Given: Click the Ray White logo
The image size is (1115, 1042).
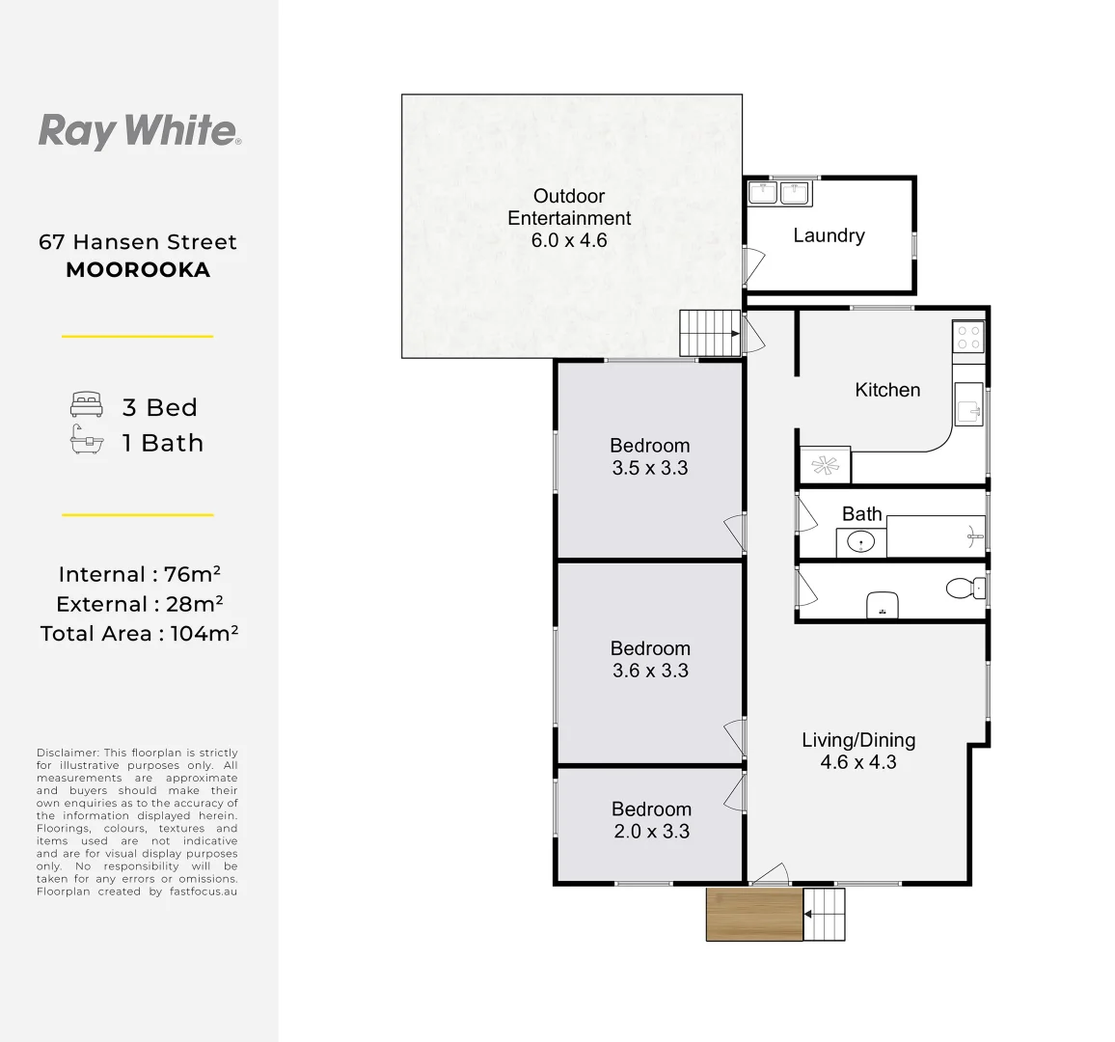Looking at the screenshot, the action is click(139, 131).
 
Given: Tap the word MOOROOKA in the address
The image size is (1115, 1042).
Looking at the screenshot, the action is click(138, 270).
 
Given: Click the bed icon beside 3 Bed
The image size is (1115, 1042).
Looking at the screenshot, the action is click(87, 404).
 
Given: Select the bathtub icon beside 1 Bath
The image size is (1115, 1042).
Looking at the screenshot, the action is click(87, 440).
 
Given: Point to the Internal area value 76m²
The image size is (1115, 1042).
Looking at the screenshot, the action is click(192, 574).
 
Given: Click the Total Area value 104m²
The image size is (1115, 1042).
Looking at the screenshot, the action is click(204, 633).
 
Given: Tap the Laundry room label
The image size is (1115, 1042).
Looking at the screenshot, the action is click(829, 235).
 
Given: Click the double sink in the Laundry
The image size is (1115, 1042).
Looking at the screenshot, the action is click(778, 193).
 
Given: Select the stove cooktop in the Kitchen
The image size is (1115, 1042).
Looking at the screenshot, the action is click(968, 338).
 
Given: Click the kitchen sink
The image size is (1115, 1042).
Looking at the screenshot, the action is click(968, 404).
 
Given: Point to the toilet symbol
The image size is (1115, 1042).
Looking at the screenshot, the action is click(965, 589).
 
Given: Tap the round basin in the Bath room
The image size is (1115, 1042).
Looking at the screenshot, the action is click(860, 542).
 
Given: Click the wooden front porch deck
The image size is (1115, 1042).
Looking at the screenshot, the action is click(754, 914).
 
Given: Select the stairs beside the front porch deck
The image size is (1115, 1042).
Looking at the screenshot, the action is click(824, 914).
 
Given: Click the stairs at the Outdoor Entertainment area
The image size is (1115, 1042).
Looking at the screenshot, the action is click(710, 333).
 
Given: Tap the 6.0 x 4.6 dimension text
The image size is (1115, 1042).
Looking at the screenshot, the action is click(569, 240).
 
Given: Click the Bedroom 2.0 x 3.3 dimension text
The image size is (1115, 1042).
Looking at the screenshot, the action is click(652, 832).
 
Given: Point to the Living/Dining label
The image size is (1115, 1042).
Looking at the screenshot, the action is click(858, 740).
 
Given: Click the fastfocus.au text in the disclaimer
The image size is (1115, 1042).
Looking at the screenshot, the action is click(204, 891).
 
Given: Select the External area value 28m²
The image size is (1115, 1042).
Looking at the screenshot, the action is click(195, 604).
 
